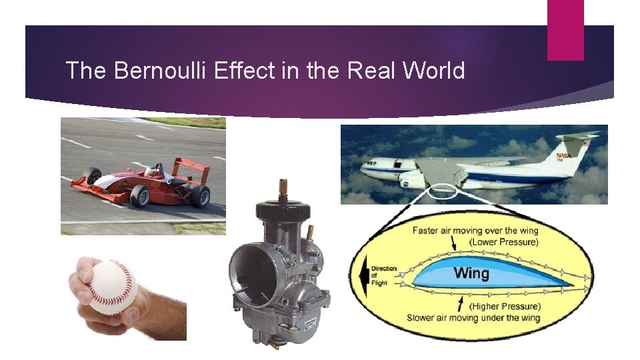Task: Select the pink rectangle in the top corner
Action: point(565,30)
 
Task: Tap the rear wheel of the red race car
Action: point(199,196)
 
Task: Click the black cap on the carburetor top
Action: point(284,207)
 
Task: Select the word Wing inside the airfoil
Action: point(471,273)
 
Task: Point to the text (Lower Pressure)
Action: point(503,241)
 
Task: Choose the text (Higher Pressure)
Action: point(505,306)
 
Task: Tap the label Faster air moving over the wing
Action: point(475,231)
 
